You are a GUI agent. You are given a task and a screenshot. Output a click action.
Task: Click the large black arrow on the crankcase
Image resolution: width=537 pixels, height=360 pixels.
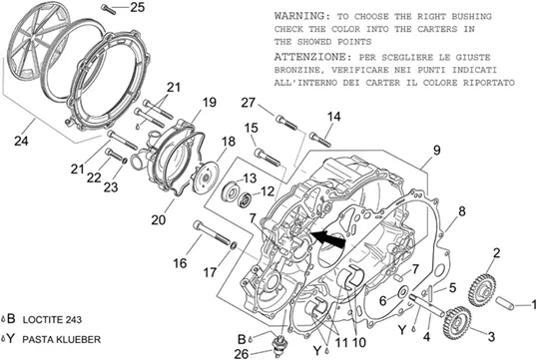(327, 238)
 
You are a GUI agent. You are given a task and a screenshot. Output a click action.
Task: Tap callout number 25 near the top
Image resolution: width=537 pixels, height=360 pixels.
(138, 7)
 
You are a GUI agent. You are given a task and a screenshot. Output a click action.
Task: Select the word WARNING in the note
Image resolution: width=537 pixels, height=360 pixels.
(299, 16)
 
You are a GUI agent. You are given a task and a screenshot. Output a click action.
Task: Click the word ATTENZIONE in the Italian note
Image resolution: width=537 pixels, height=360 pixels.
(310, 57)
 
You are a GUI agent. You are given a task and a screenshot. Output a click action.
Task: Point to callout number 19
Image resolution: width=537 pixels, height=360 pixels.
(209, 102)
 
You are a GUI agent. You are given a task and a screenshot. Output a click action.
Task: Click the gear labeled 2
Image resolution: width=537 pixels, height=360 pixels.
(482, 291)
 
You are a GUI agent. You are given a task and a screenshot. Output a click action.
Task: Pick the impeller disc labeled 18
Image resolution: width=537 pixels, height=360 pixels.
(205, 179)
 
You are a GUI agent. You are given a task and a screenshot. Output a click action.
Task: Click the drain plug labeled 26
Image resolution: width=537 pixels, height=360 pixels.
(280, 345)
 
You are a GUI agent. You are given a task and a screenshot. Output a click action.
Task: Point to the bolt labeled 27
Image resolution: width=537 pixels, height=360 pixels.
(286, 123)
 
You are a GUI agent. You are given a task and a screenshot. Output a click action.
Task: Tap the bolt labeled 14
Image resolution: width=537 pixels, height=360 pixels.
(320, 140)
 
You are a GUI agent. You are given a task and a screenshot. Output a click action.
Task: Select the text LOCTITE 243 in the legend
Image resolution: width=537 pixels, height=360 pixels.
(52, 320)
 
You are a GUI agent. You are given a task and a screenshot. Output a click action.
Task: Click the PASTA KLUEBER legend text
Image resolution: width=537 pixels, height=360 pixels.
(62, 340)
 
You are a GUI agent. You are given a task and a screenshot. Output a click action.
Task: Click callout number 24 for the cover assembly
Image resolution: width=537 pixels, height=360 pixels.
(21, 141)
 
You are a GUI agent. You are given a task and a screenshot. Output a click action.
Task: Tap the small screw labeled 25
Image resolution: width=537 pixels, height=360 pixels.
(109, 9)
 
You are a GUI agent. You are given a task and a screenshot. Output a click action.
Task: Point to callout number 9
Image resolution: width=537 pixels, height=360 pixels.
(436, 151)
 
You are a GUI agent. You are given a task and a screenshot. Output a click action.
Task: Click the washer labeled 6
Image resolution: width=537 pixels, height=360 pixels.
(403, 292)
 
